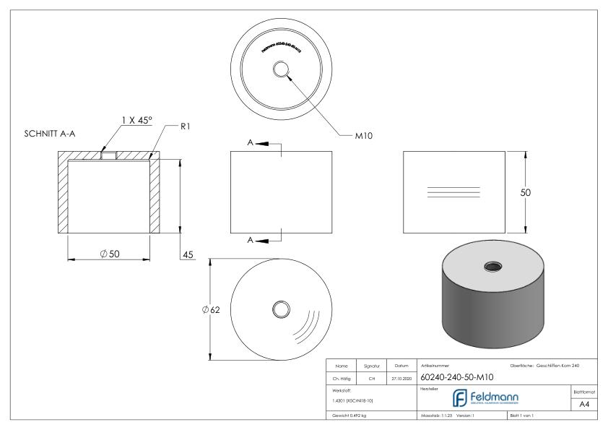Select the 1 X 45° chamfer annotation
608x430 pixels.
click(x=136, y=121)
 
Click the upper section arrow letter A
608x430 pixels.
click(x=251, y=143)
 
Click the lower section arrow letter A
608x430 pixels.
click(x=251, y=241)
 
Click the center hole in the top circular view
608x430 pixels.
click(x=280, y=69)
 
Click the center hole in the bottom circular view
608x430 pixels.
click(x=280, y=309)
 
